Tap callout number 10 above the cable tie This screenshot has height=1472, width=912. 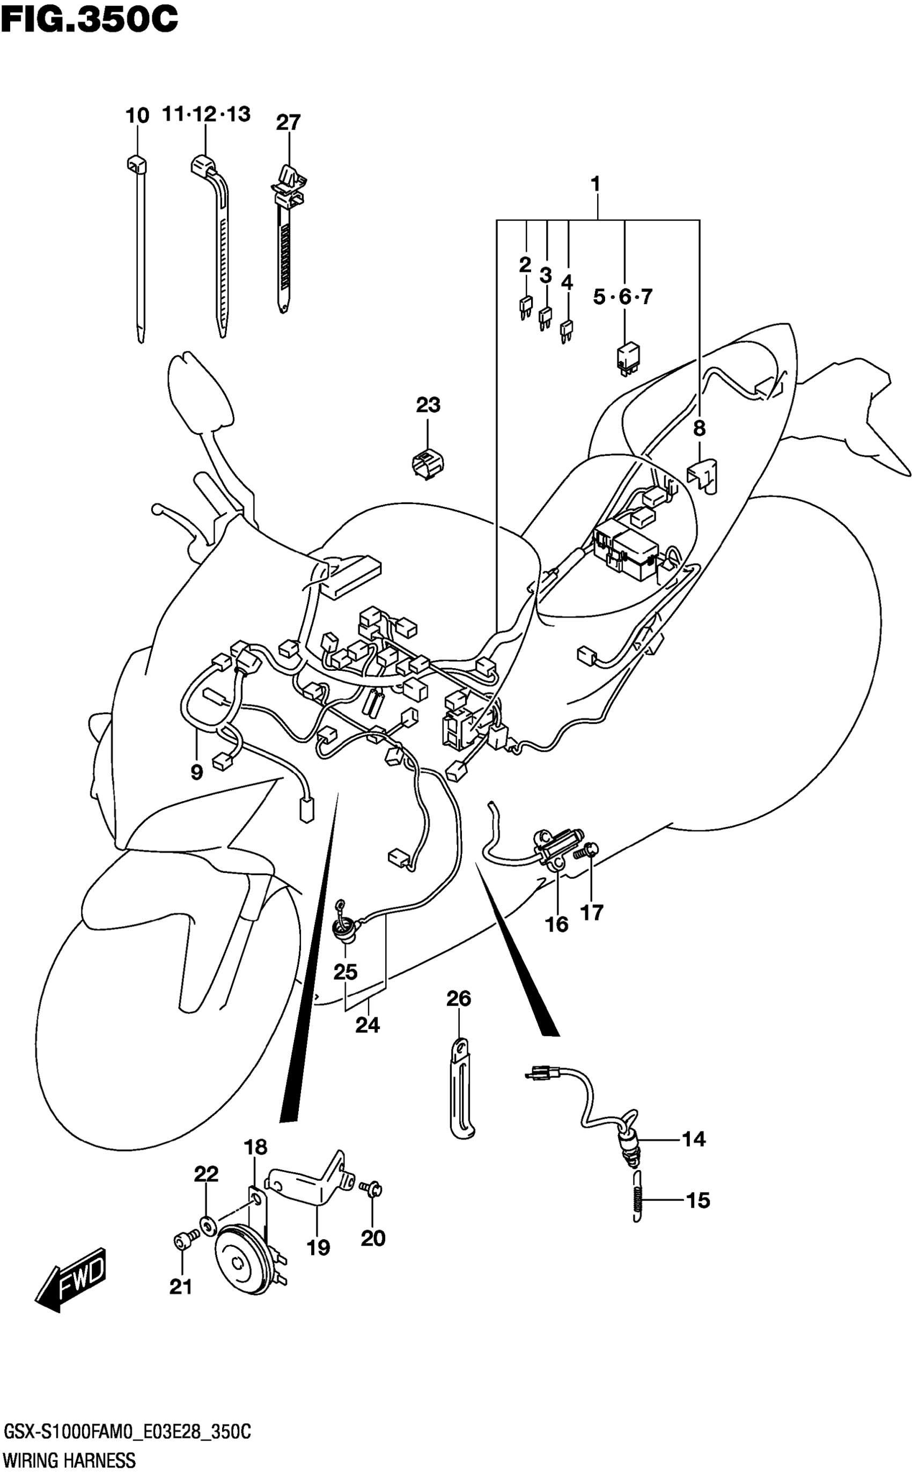[137, 115]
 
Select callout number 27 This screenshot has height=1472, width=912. [288, 122]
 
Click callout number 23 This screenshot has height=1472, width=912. [428, 405]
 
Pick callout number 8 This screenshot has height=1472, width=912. [699, 428]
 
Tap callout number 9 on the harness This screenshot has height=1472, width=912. [197, 772]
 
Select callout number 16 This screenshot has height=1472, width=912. [556, 924]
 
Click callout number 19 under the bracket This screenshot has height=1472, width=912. [318, 1247]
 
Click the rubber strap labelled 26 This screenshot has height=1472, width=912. [461, 1091]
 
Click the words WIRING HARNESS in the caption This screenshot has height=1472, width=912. [69, 1461]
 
